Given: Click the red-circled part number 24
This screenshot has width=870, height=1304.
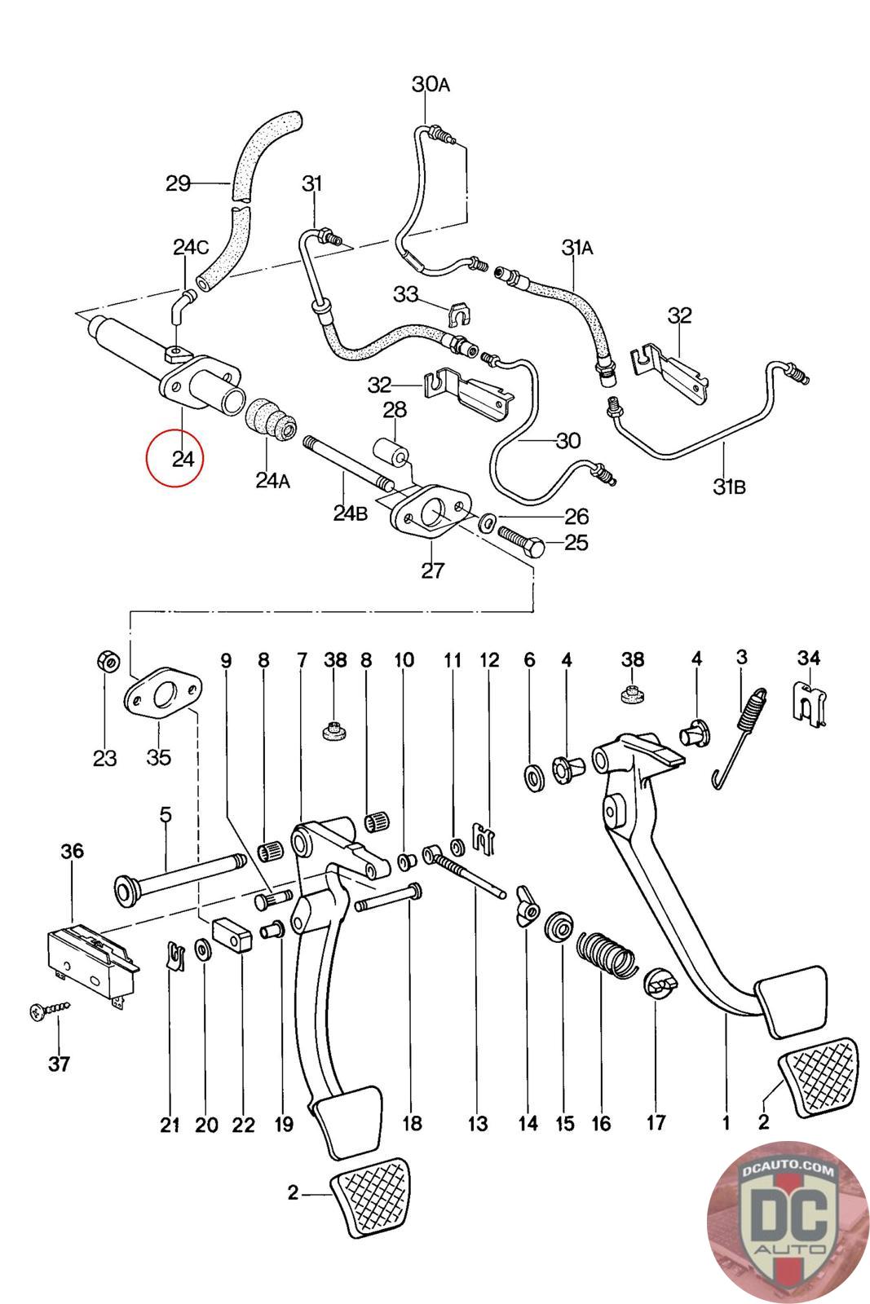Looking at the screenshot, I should (x=183, y=459).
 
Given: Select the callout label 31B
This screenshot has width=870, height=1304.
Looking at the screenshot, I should (x=729, y=487).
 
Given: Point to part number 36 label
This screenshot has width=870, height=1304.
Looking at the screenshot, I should (x=72, y=851).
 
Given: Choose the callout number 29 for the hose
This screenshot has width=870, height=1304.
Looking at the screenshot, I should (x=178, y=183).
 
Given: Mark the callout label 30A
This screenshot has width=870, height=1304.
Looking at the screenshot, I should (x=431, y=84).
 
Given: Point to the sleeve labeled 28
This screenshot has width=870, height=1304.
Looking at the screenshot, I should (x=391, y=450).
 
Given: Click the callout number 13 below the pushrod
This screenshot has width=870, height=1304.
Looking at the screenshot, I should (x=478, y=1124).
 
